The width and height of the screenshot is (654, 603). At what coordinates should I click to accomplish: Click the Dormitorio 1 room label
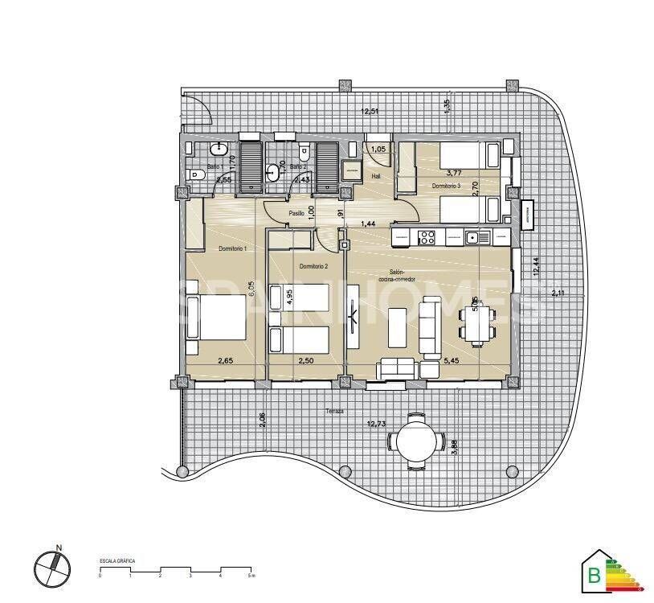click(x=231, y=249)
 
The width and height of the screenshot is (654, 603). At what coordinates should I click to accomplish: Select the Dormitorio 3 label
click(x=445, y=186)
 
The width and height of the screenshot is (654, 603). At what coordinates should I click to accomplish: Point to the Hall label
click(x=376, y=176)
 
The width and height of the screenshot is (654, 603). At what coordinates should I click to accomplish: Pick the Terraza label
click(x=335, y=411)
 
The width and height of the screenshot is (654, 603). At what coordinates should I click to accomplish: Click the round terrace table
click(x=415, y=441)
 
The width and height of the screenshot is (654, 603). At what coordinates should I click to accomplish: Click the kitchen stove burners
click(x=426, y=237)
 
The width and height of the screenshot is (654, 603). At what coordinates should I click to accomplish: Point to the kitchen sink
click(x=473, y=237)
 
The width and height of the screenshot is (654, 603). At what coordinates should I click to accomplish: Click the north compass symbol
click(x=48, y=566)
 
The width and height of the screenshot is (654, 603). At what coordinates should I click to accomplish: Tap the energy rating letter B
click(x=594, y=575)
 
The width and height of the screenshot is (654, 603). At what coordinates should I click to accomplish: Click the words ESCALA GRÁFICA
click(x=116, y=560)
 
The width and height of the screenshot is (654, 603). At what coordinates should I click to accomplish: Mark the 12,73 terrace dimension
click(x=377, y=424)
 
